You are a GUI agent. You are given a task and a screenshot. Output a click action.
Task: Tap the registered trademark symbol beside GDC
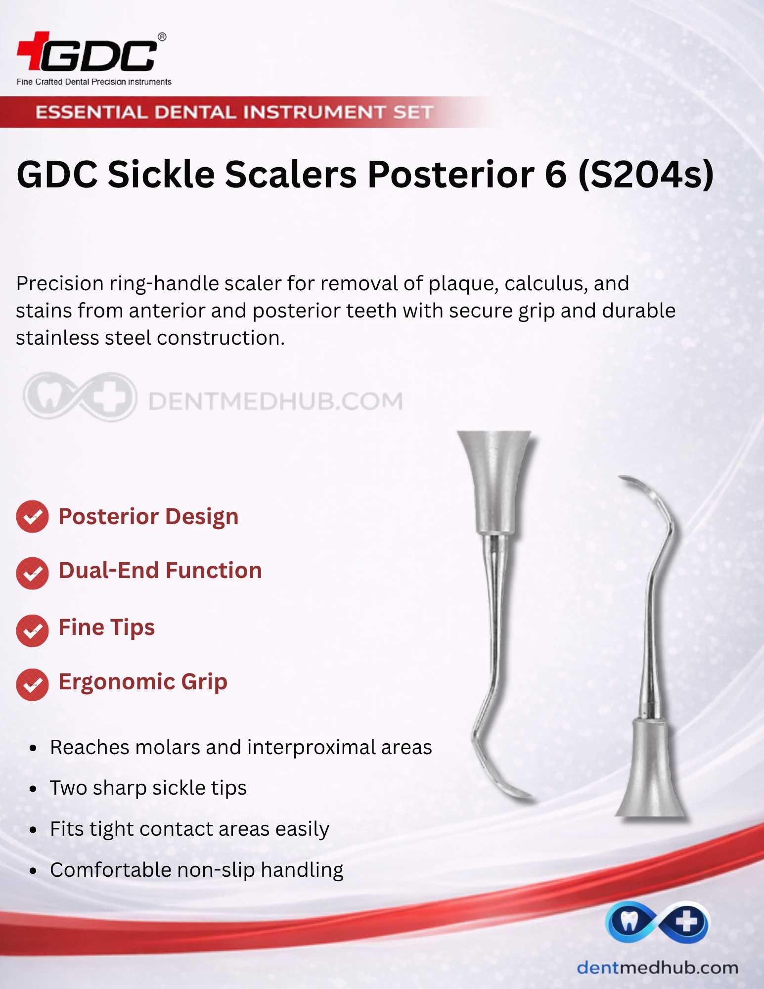[x=162, y=37]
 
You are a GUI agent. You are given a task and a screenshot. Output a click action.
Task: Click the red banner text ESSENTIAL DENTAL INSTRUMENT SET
[x=234, y=112]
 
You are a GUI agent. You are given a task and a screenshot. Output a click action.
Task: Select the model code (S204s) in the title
[x=646, y=175]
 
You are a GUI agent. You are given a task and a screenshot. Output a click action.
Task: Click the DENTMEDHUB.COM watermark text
[x=275, y=401]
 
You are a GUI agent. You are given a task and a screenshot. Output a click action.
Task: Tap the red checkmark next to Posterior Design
[x=32, y=517]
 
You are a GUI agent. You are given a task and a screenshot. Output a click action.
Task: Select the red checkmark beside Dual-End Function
[x=32, y=573]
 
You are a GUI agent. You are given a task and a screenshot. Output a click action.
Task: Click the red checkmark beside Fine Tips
[x=32, y=630]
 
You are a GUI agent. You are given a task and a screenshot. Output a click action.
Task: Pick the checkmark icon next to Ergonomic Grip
[x=32, y=685]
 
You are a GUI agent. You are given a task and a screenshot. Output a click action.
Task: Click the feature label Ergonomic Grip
[x=143, y=682]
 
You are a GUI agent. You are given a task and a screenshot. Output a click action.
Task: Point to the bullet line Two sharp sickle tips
[x=148, y=788]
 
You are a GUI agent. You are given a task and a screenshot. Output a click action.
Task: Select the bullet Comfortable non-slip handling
[x=197, y=870]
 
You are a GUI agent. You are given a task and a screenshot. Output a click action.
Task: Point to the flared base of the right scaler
[x=651, y=771]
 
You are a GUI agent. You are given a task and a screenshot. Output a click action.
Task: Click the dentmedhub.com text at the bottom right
[x=657, y=967]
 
